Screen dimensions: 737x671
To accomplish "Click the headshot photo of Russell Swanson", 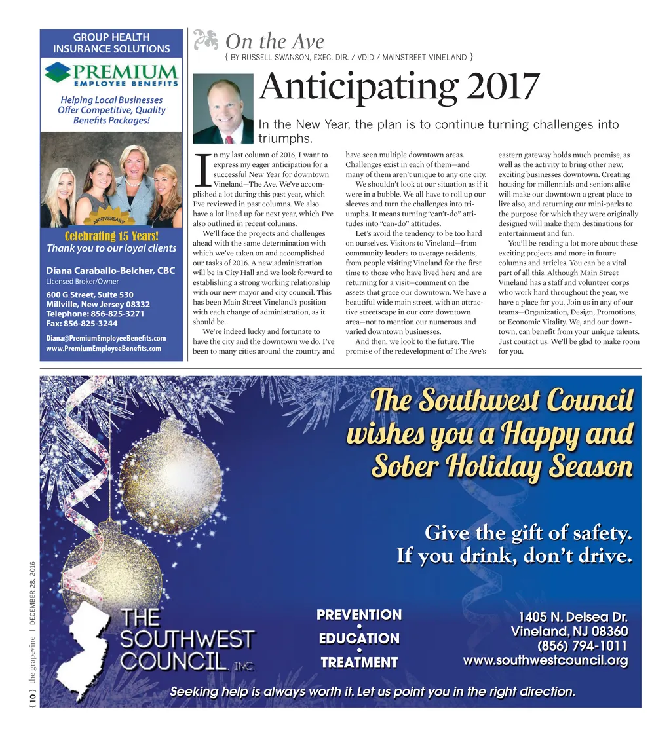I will click(223, 108).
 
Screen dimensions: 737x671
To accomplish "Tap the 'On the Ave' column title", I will click(275, 42).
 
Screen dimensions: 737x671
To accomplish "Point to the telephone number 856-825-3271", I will click(117, 314).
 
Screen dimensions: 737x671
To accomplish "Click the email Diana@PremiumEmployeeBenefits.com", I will click(105, 338).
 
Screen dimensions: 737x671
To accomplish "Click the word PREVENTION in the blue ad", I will click(359, 615).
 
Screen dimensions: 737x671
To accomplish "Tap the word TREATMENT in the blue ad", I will click(359, 662).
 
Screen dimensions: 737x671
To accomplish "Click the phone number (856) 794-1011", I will click(583, 646).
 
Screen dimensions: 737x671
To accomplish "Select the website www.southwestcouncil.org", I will click(545, 660).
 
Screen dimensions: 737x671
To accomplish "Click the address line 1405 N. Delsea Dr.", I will click(573, 617).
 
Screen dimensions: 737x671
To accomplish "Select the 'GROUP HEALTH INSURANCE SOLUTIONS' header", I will click(111, 43).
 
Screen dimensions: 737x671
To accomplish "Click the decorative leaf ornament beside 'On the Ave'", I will click(206, 41).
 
